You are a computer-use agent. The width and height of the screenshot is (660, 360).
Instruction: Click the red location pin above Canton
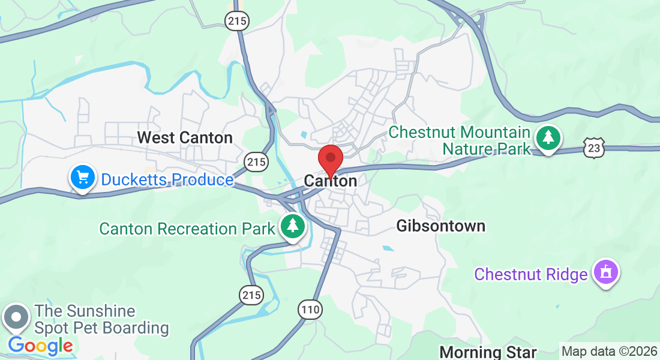point(330,158)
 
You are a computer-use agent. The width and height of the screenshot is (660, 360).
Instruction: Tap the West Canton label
point(185,137)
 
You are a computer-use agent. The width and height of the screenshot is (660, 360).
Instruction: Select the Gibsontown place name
point(441,226)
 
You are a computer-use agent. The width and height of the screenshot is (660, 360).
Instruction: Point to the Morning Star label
point(488,352)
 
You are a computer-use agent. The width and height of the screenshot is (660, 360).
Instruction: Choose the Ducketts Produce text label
point(167,179)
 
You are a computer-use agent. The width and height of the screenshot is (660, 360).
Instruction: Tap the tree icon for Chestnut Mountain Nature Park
point(547,138)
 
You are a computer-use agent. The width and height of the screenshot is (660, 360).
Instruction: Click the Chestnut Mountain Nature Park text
point(460,140)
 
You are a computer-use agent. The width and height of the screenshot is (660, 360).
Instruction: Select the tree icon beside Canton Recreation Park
point(292,226)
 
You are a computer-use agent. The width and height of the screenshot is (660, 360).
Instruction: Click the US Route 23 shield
point(593,147)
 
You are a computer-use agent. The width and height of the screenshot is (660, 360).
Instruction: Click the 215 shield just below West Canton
point(256,161)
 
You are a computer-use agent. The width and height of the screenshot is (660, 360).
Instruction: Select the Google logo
point(40,346)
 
